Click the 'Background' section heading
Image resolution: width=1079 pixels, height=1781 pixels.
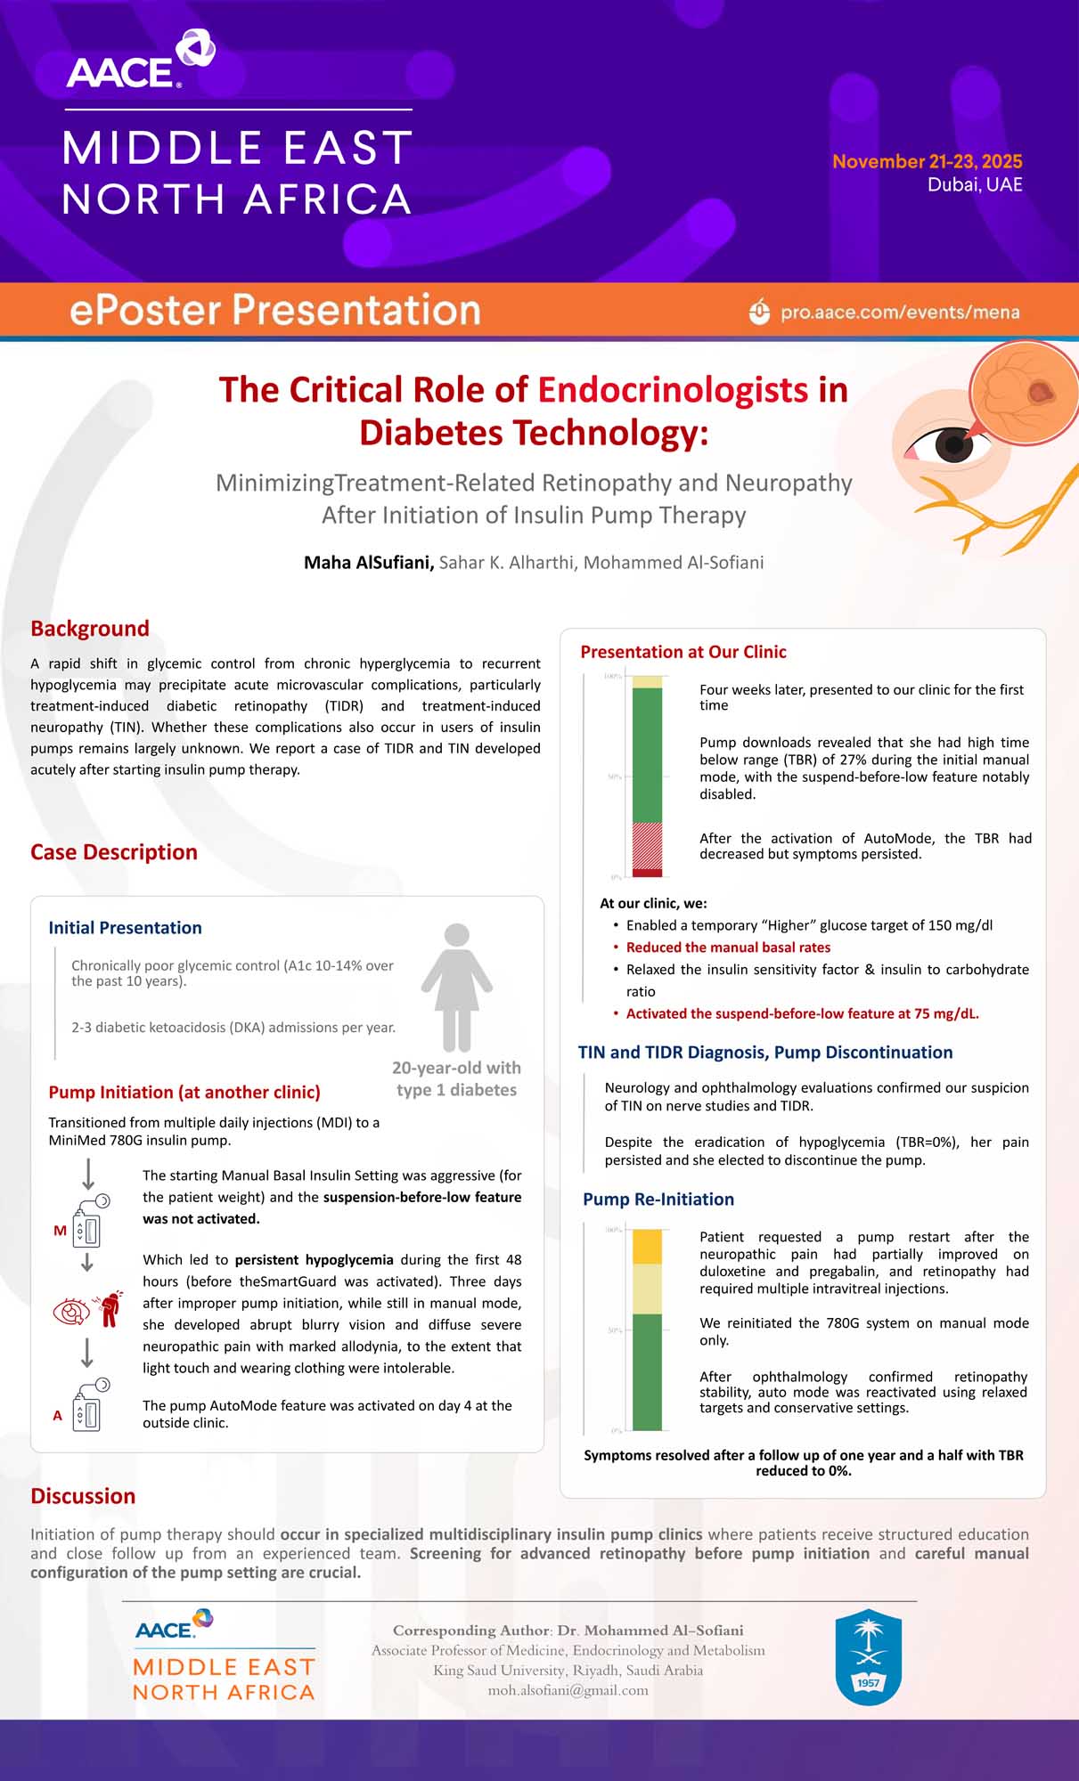[x=90, y=629]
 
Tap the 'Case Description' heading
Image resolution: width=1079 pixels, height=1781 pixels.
[x=114, y=852]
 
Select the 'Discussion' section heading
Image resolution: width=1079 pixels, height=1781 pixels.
[x=83, y=1496]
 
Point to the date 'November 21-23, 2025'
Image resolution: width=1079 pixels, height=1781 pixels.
[x=927, y=161]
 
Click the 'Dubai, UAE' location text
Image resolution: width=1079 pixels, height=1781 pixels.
[x=975, y=184]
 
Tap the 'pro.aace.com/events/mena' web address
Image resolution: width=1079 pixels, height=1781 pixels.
[x=900, y=313]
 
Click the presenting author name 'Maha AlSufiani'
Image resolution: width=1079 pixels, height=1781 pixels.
[x=369, y=563]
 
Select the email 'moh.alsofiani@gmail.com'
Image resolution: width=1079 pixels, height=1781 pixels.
[x=568, y=1690]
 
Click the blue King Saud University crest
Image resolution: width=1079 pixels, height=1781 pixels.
[x=868, y=1657]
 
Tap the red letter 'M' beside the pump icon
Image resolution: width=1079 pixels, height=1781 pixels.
[x=60, y=1231]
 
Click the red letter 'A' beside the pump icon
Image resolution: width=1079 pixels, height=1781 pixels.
[x=58, y=1415]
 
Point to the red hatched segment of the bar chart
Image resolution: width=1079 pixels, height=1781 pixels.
[x=647, y=845]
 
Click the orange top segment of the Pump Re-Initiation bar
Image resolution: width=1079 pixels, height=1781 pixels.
[x=647, y=1247]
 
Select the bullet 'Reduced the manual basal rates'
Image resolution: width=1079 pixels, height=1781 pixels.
[x=728, y=947]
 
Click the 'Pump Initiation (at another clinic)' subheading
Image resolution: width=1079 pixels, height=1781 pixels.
[x=184, y=1093]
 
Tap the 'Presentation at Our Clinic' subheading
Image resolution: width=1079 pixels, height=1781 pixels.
[x=683, y=652]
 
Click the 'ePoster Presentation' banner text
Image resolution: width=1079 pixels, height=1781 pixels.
[x=275, y=310]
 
